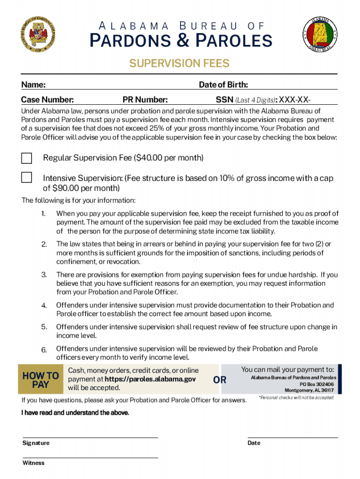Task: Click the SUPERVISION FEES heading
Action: click(x=180, y=64)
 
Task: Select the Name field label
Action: click(x=33, y=85)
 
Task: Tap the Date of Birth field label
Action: click(x=223, y=85)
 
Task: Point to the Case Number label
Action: click(x=47, y=100)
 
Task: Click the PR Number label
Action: click(x=145, y=100)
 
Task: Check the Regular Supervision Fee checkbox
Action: click(x=27, y=158)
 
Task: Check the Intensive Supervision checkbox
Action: click(x=27, y=178)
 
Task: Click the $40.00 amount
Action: click(x=148, y=158)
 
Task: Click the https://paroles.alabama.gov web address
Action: click(x=150, y=379)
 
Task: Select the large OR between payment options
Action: click(x=220, y=380)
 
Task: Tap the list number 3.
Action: click(x=44, y=275)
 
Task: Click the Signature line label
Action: click(x=36, y=443)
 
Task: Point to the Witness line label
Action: click(x=34, y=463)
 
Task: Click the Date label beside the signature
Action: click(x=254, y=443)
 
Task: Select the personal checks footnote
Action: click(x=296, y=398)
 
